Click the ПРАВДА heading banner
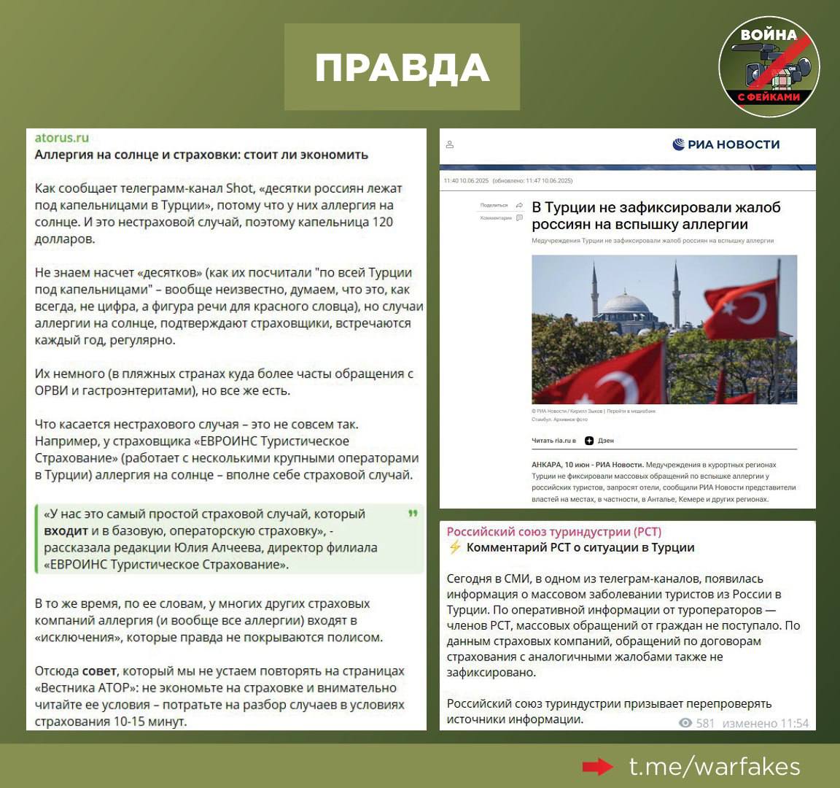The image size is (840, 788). (x=402, y=67)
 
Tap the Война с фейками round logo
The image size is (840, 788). (x=769, y=67)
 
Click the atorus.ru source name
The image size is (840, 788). (x=62, y=137)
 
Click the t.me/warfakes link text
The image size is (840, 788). (x=715, y=767)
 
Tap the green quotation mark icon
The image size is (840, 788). (x=413, y=514)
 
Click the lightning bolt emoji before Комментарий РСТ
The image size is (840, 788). (x=455, y=547)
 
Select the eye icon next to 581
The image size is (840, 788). (x=685, y=723)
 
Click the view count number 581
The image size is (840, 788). (x=705, y=723)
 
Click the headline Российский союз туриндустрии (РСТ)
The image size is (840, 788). (x=553, y=531)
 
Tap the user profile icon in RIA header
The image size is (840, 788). (x=450, y=144)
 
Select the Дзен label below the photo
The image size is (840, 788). (x=605, y=441)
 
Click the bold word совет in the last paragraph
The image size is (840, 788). (x=98, y=671)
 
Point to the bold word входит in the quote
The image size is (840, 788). (x=66, y=530)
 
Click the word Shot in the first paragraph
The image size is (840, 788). (x=240, y=188)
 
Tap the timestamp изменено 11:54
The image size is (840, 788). (x=766, y=723)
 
